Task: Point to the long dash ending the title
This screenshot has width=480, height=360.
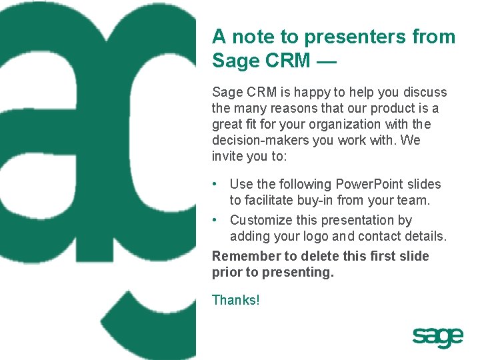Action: tap(327, 61)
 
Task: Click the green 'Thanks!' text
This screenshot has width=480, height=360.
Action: tap(235, 300)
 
